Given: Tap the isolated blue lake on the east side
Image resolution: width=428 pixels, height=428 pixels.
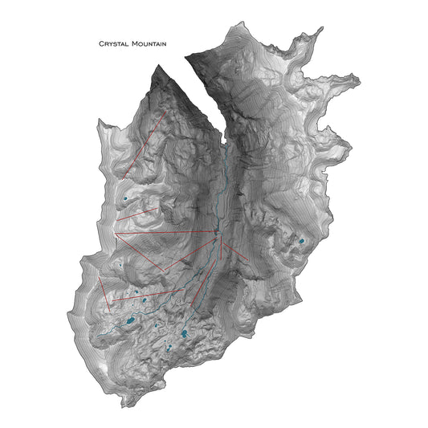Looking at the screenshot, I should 302,240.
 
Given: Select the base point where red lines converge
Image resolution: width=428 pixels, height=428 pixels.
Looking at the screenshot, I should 216,234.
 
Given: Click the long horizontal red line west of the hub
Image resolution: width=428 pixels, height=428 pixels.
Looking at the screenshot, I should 165,234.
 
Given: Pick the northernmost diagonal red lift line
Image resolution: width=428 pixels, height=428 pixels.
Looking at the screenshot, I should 145,144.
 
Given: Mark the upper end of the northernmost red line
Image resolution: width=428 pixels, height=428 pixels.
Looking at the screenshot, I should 166,112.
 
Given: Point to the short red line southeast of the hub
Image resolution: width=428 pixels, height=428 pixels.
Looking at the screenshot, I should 234,250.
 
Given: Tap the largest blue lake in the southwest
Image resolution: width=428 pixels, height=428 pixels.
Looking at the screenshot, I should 128,321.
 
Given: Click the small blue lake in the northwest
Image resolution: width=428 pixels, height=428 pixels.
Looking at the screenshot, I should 124,197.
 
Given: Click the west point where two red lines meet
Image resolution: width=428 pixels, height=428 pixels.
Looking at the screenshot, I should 116,234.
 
